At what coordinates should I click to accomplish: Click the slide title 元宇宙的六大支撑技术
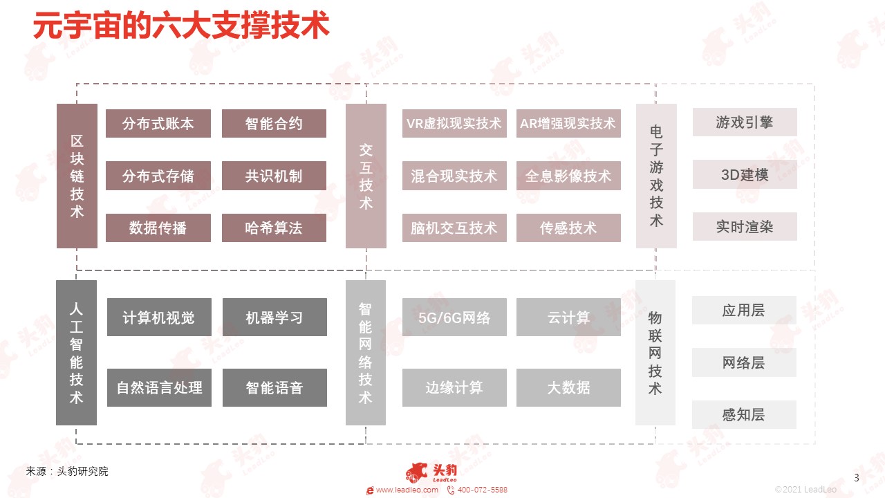tap(181, 26)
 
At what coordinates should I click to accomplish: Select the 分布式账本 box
tap(158, 123)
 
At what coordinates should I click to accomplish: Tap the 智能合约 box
tap(274, 123)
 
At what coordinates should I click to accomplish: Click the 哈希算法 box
tap(274, 228)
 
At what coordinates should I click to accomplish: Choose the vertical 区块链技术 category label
tap(77, 176)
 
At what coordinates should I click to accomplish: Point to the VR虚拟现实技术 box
tap(454, 123)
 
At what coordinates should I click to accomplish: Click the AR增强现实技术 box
tap(568, 123)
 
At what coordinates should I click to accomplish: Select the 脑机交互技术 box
tap(454, 228)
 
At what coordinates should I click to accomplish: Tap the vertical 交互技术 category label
tap(366, 176)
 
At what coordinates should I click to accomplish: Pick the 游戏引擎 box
tap(745, 122)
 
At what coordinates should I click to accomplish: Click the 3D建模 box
tap(745, 174)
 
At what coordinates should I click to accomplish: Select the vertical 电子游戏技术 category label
tap(656, 176)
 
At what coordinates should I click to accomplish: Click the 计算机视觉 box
tap(159, 317)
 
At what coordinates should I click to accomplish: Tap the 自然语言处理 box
tap(159, 387)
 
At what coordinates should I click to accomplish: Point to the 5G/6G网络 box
tap(454, 317)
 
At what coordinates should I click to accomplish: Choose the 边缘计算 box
tap(454, 387)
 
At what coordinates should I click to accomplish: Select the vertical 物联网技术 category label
tap(655, 353)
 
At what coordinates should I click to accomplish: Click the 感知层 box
tap(744, 414)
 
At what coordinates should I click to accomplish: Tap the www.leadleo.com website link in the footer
tap(407, 490)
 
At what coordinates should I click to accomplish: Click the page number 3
tap(857, 478)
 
